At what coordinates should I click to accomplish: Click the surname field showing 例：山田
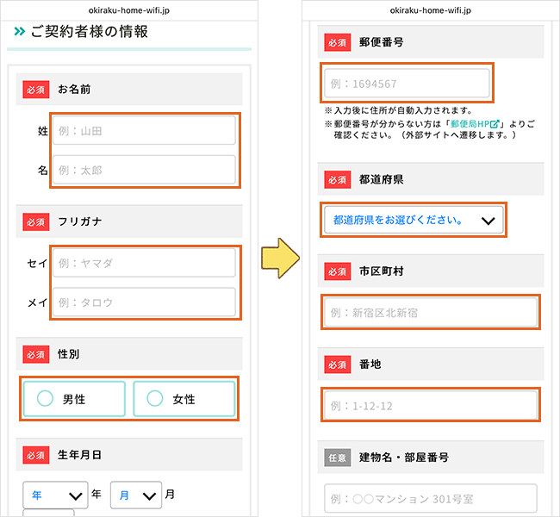coord(144,131)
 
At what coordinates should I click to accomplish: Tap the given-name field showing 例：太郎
coord(144,170)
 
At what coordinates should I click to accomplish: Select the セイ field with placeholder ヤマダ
coord(144,263)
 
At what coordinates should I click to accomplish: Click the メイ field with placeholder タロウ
coord(144,302)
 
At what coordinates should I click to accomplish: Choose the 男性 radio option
coord(74,399)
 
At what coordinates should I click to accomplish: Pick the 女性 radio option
coord(184,399)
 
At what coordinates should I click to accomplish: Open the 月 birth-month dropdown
coord(135,495)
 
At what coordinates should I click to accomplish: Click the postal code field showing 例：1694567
coord(407,84)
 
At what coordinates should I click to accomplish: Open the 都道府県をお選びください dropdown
coord(414,220)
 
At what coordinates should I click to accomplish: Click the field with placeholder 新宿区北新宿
coord(430,313)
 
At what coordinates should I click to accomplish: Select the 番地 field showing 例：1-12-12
coord(430,405)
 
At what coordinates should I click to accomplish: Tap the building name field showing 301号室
coord(430,498)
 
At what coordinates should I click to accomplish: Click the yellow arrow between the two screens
coord(281,258)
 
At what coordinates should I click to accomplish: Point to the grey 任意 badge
coord(337,457)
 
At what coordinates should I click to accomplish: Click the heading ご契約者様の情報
coord(89,32)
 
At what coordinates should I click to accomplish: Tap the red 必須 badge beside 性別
coord(36,354)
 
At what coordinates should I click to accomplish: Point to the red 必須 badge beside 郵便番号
coord(337,40)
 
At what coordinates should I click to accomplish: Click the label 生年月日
coord(79,454)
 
